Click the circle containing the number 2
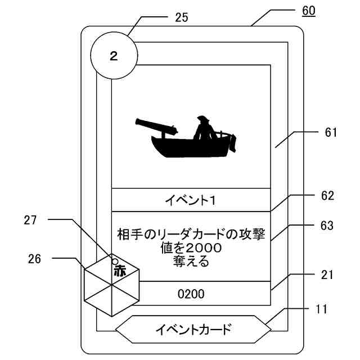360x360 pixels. (114, 56)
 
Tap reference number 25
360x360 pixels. (181, 17)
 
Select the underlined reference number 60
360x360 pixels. (309, 11)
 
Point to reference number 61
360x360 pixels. (331, 133)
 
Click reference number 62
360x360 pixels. (327, 196)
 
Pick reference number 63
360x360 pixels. (327, 226)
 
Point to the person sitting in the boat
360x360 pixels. (204, 128)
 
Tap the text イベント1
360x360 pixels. (191, 200)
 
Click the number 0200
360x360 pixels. (191, 293)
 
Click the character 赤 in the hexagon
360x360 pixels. (120, 271)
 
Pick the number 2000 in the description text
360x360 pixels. (199, 247)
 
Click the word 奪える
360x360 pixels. (191, 261)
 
